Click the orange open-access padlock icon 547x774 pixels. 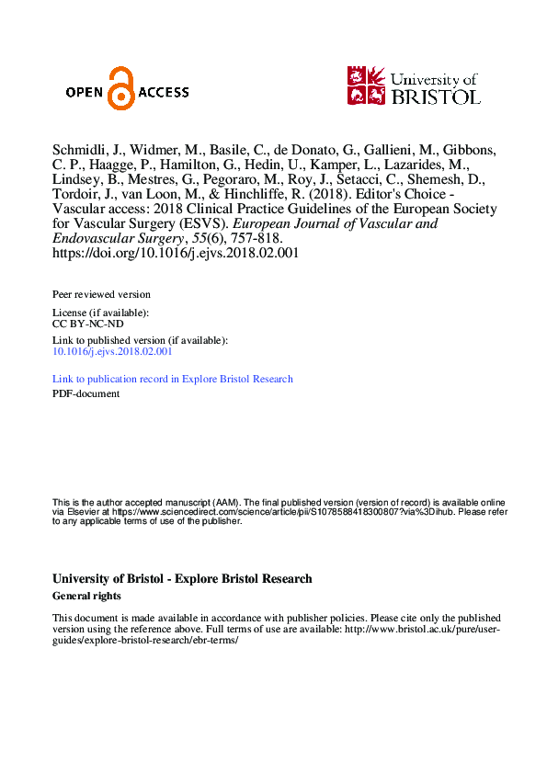coord(120,88)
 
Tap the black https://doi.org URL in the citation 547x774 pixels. coord(175,253)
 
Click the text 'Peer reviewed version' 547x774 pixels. coord(101,294)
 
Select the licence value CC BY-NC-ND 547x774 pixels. coord(88,324)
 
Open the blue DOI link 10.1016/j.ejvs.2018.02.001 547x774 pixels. coord(112,351)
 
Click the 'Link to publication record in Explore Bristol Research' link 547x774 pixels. coord(173,379)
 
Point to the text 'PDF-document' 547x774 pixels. coord(86,393)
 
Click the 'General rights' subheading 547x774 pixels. coord(87,596)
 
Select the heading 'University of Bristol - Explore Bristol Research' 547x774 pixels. coord(182,579)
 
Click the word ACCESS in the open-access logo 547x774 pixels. coord(164,92)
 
